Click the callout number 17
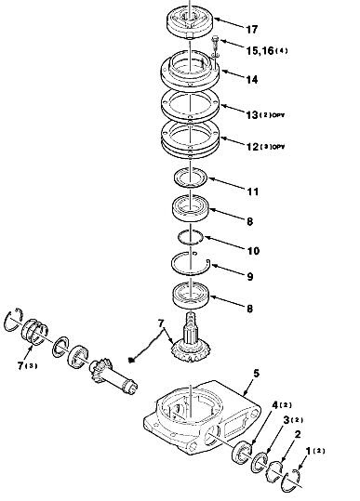[251, 30]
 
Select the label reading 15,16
[260, 50]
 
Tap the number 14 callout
[251, 80]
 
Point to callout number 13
[251, 114]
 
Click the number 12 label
[252, 147]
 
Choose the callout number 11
[253, 191]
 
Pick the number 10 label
[253, 251]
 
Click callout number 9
[250, 277]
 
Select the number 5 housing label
[256, 374]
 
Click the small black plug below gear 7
[130, 360]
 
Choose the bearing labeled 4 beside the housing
[241, 452]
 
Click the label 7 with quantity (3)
[27, 366]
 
